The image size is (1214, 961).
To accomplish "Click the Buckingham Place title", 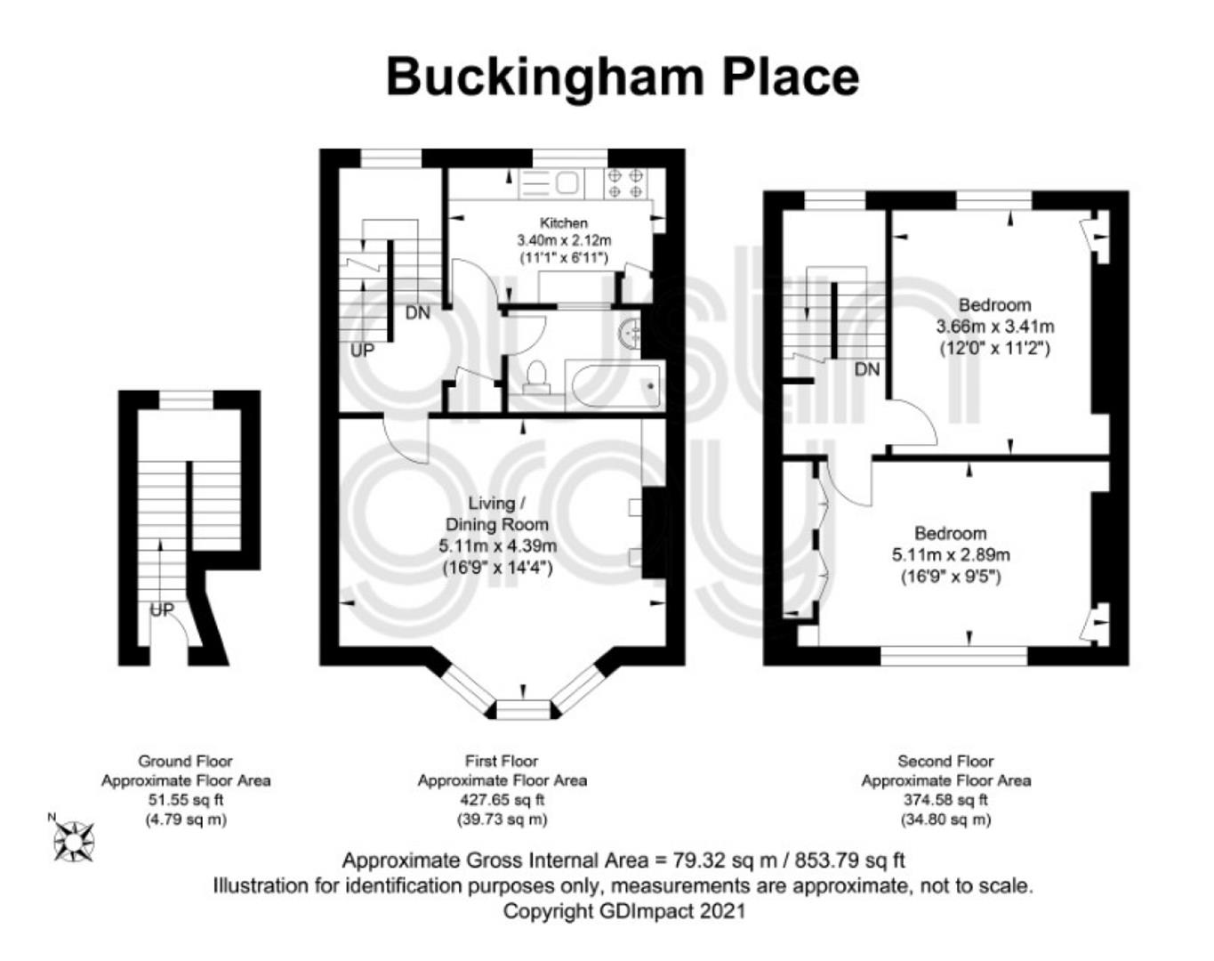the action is point(623,78).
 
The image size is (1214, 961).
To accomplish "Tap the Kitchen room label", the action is point(564,222).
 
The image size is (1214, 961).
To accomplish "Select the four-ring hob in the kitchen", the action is point(625,183).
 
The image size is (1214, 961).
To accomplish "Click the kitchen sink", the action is point(550,183).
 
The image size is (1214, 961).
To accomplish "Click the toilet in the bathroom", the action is point(535,376).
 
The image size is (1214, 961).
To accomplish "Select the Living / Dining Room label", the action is point(497,513).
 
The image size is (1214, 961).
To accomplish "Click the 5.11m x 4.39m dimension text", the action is point(497,546).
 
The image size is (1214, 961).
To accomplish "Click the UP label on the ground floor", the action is point(162,610).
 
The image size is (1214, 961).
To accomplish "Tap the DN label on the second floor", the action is point(867,370).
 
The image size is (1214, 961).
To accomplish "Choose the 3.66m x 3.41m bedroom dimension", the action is point(994,327).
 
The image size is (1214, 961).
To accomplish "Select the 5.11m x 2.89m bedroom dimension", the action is point(951,555).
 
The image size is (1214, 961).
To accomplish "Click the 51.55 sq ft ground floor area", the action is point(186,800).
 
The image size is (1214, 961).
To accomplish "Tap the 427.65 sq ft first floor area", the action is point(502,800).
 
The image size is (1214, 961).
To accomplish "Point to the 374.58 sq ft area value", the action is point(945,800).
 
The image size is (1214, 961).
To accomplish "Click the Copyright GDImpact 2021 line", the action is point(624,911).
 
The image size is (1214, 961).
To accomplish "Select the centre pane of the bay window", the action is point(522,709).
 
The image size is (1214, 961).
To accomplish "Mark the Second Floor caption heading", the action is point(945,761).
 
